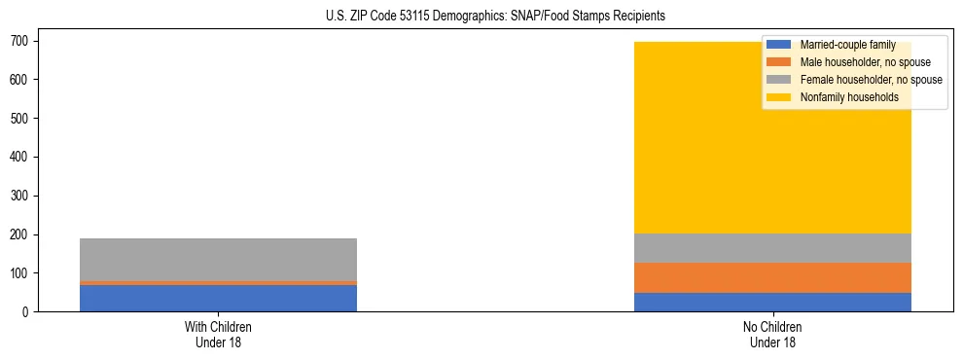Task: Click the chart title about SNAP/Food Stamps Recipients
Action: coord(481,17)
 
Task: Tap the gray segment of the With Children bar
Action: coord(218,259)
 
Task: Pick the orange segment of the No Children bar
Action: coord(772,277)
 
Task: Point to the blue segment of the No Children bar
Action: coord(772,302)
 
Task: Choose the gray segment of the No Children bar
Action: coord(772,248)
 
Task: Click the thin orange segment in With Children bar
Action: coord(218,283)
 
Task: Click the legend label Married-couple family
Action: coord(847,45)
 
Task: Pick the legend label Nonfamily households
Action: coord(848,97)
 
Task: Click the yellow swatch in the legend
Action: coord(779,97)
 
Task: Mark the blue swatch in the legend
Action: coord(779,45)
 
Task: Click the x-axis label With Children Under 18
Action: coord(218,335)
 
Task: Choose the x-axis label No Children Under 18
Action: coord(772,335)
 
